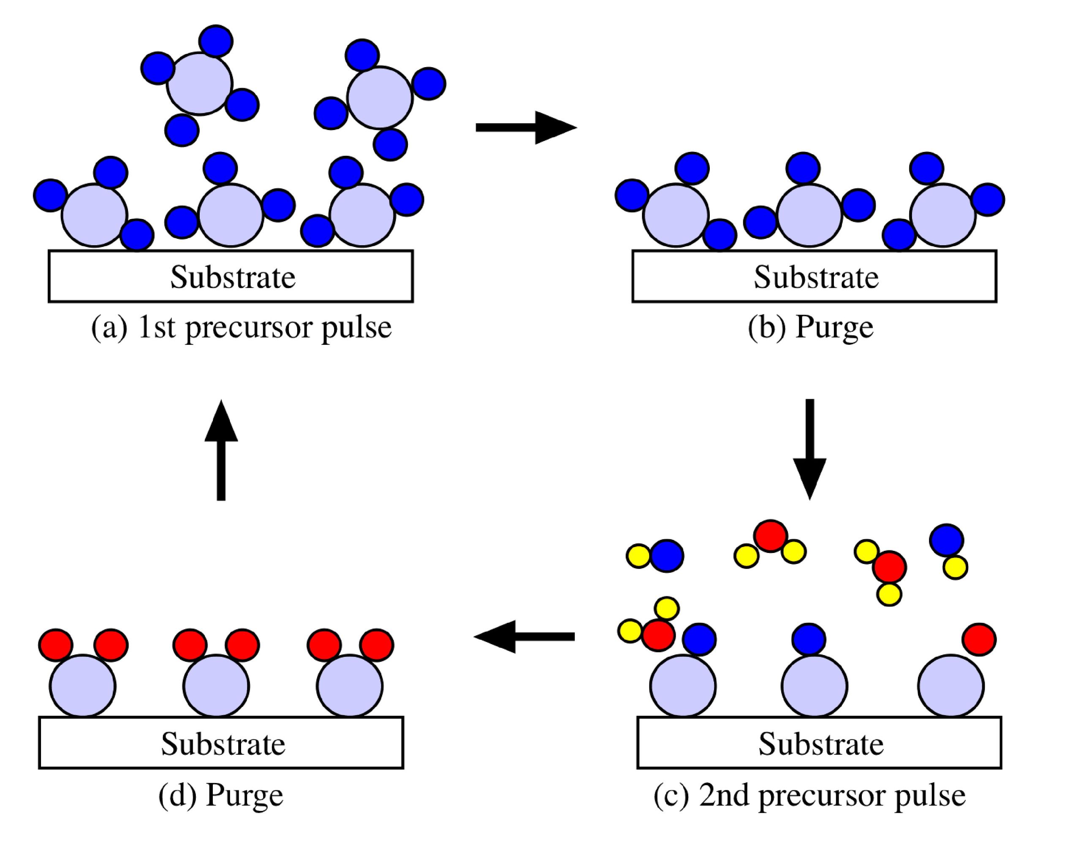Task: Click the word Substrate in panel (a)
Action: click(233, 277)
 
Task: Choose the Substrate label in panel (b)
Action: click(816, 277)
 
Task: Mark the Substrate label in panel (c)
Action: click(821, 744)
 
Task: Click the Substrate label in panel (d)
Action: click(223, 744)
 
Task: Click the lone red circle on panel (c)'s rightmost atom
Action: click(979, 639)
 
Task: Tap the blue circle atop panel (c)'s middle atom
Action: click(808, 639)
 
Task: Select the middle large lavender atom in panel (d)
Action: click(216, 686)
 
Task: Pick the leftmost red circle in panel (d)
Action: click(56, 645)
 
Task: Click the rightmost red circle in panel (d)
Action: click(377, 645)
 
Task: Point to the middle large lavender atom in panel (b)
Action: click(809, 215)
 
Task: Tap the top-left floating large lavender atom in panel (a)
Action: click(200, 84)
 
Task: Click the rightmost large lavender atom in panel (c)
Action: click(951, 686)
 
